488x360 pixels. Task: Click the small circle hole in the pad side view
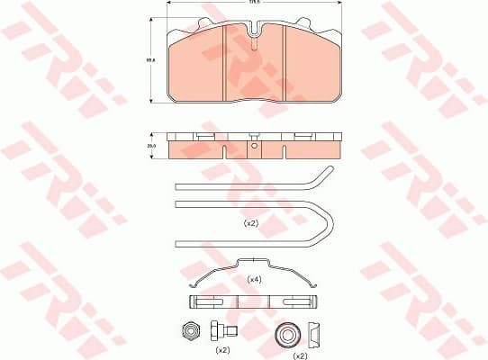tap(255, 148)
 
